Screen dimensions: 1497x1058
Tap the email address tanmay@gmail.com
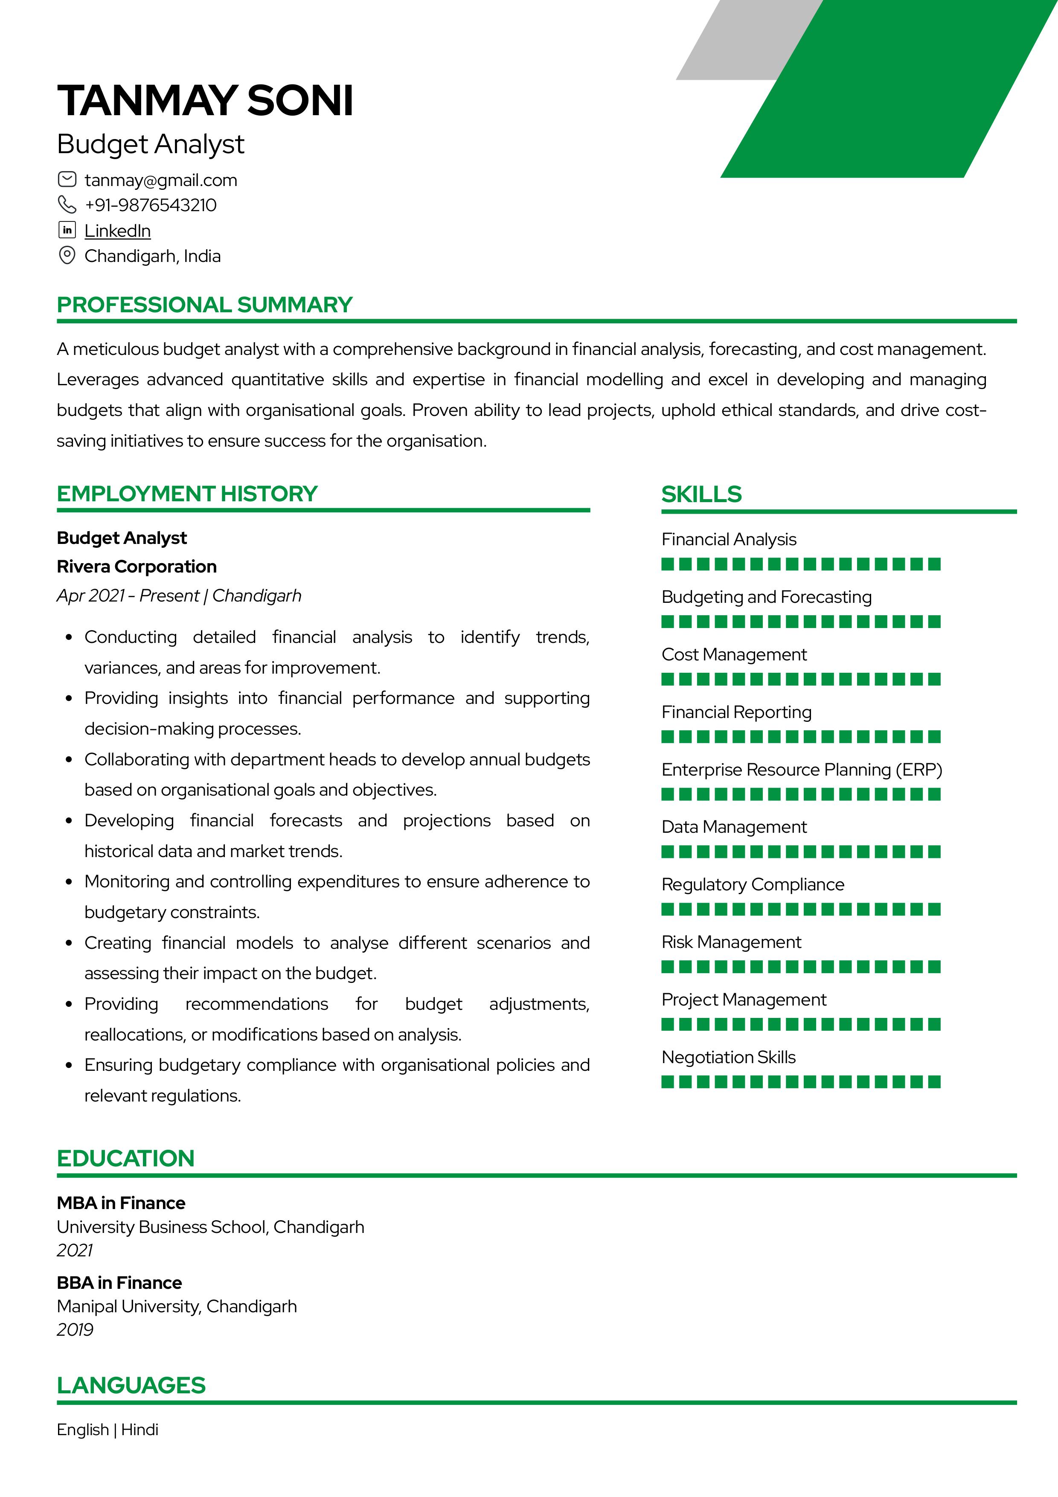(x=160, y=180)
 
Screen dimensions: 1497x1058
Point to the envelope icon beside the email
(x=67, y=179)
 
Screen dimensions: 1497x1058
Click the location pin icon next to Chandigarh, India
(x=67, y=256)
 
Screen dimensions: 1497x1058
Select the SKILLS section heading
(x=701, y=494)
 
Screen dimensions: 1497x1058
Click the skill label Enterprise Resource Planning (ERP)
(x=801, y=769)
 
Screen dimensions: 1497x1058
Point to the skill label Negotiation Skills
(x=728, y=1057)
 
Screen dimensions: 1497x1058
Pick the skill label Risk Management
(x=731, y=942)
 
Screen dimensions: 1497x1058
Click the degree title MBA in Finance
(x=121, y=1203)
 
